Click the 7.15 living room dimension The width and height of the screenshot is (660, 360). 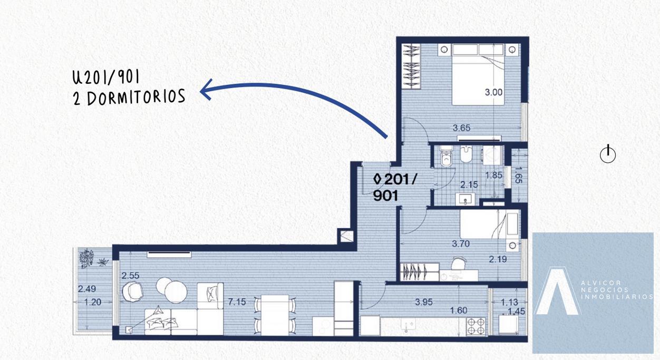(237, 301)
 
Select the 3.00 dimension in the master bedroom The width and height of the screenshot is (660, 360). (493, 92)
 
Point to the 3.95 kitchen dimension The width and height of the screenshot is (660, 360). (424, 301)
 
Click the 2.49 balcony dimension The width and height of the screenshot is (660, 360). (87, 288)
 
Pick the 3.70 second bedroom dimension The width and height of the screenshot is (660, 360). (461, 244)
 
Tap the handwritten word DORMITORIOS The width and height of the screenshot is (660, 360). (136, 97)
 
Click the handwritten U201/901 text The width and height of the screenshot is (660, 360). (106, 77)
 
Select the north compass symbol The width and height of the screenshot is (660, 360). (608, 154)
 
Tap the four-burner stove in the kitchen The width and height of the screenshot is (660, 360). (475, 326)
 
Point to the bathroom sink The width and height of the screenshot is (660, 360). (465, 199)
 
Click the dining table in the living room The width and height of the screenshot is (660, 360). (275, 315)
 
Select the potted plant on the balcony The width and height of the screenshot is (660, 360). (87, 258)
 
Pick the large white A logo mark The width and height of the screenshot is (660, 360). (557, 291)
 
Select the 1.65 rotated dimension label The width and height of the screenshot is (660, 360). (518, 175)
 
